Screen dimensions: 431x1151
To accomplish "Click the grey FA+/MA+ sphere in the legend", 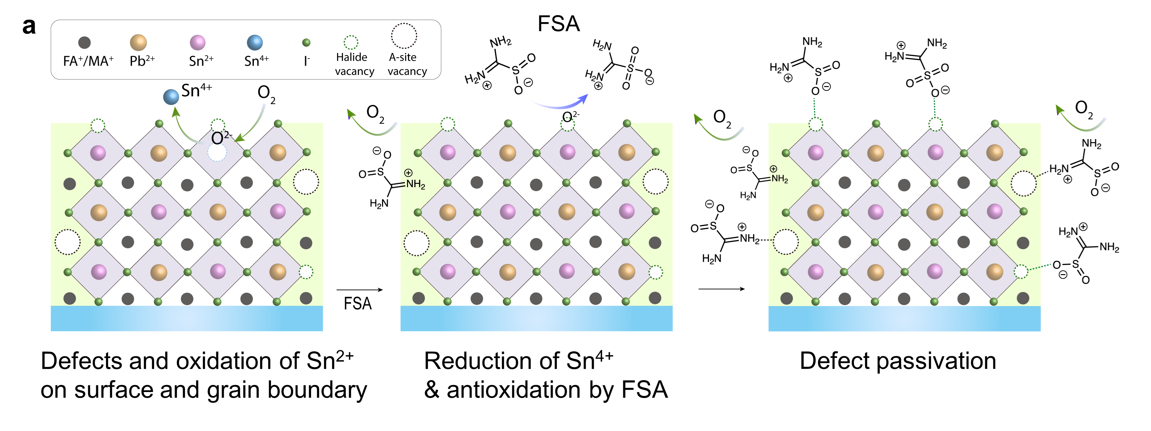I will pyautogui.click(x=85, y=43).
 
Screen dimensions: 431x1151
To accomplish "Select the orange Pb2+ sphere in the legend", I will pyautogui.click(x=138, y=43).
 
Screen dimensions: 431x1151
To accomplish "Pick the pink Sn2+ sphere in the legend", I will pyautogui.click(x=197, y=43).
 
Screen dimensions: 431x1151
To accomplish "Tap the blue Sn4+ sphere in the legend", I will pyautogui.click(x=255, y=43).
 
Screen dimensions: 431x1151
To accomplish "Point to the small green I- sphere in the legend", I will pyautogui.click(x=306, y=43).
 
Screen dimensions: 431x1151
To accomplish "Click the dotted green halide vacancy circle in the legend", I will pyautogui.click(x=351, y=42).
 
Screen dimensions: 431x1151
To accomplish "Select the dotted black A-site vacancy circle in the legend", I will pyautogui.click(x=404, y=36).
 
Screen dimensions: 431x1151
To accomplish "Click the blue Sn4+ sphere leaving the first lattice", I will pyautogui.click(x=171, y=97).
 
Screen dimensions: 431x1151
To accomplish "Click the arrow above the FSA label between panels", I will pyautogui.click(x=360, y=290).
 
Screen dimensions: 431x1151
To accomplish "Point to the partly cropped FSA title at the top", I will pyautogui.click(x=559, y=26).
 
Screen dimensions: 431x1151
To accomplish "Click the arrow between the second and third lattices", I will pyautogui.click(x=722, y=289).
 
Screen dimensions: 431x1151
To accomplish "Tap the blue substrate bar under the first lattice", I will pyautogui.click(x=187, y=318).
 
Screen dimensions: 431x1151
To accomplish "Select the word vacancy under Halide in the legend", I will pyautogui.click(x=354, y=72).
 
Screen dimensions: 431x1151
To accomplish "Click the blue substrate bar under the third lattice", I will pyautogui.click(x=905, y=318).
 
